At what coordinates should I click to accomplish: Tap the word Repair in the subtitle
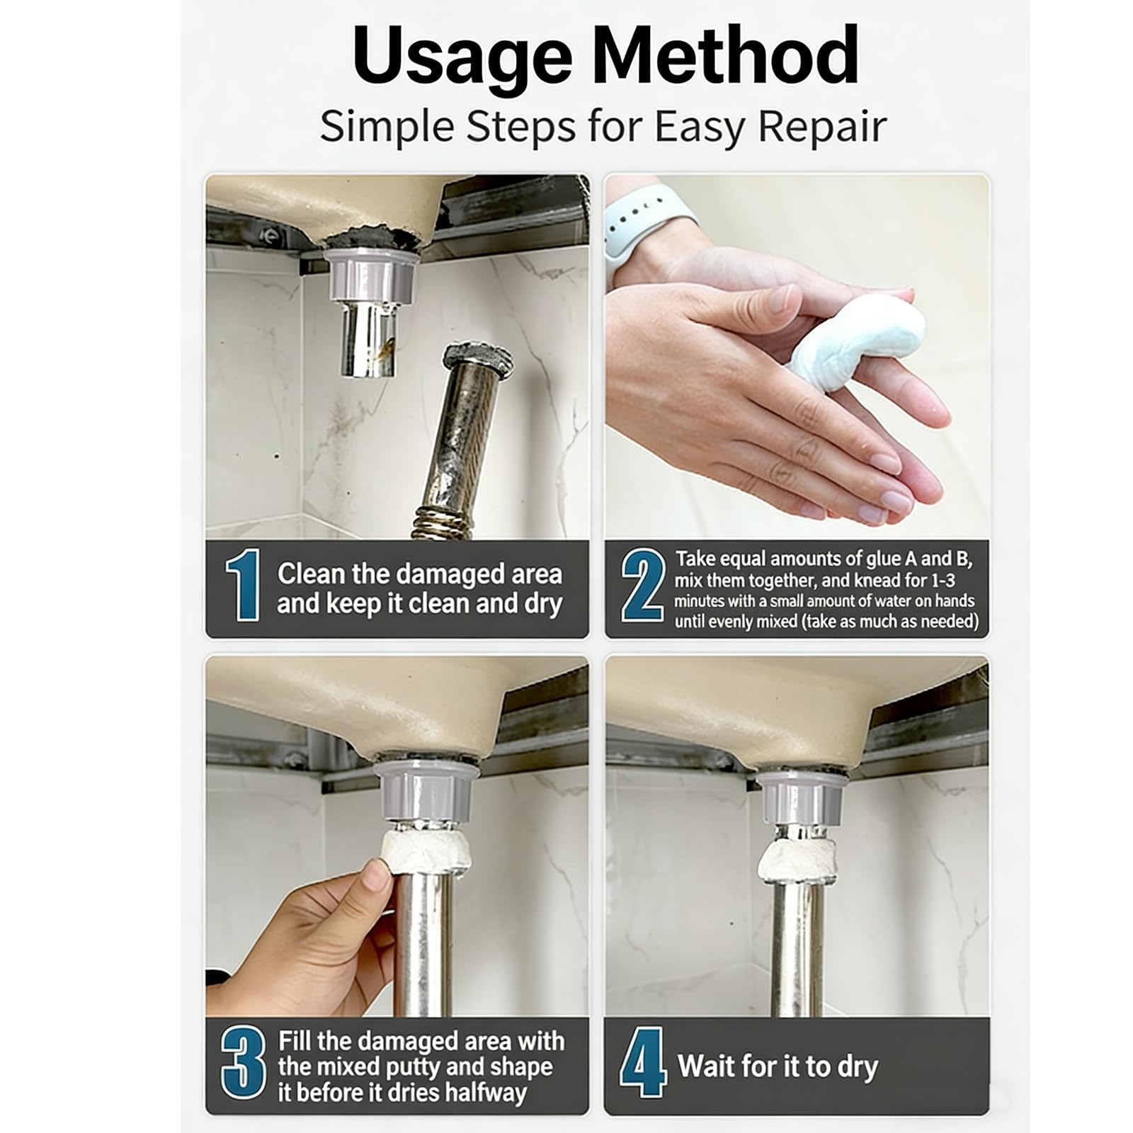click(822, 127)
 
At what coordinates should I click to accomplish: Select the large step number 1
click(242, 586)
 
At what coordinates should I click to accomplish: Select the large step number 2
click(642, 586)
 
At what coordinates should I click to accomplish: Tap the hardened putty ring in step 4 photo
click(800, 860)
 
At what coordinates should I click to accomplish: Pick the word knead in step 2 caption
click(881, 581)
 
